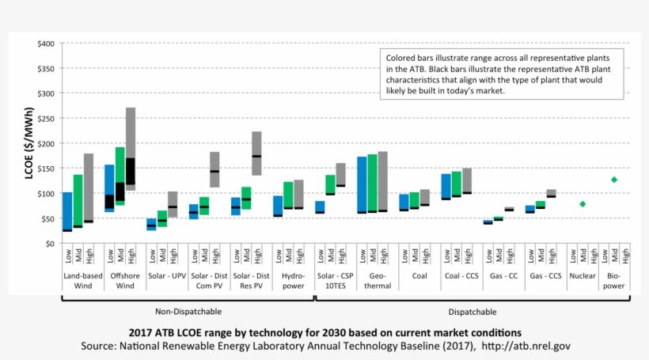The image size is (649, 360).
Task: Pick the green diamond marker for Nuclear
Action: coord(583,204)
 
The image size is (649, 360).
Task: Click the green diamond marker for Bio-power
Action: coord(613,180)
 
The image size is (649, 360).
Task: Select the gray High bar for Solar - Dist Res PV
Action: coord(256,153)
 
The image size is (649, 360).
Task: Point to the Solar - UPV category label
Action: coord(167,276)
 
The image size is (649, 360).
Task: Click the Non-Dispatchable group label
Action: coord(188,312)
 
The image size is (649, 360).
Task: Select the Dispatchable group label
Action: coord(472,312)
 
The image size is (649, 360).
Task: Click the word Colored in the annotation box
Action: coord(403,58)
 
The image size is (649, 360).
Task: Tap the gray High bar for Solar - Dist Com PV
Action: coord(214,169)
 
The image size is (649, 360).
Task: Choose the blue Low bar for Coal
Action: coord(404,203)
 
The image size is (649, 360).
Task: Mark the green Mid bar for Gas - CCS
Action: coord(540,205)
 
